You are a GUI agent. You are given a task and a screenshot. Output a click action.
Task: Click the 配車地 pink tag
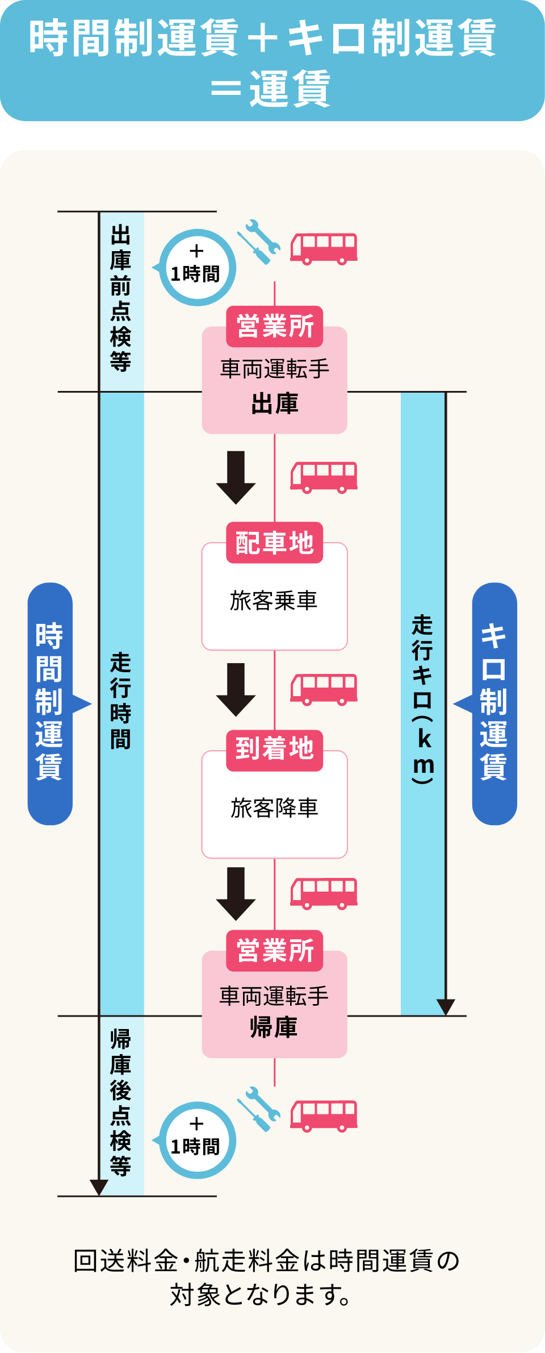point(275,543)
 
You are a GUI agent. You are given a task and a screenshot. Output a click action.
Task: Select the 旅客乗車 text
point(274,601)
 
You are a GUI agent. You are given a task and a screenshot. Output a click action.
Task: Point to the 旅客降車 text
point(274,808)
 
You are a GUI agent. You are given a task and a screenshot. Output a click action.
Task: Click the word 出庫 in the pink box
point(275,404)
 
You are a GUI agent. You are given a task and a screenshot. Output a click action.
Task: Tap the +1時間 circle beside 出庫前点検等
point(196,268)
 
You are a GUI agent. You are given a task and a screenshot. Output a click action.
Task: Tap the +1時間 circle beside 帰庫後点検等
point(196,1140)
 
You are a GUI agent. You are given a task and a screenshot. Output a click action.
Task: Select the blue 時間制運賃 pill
point(50,703)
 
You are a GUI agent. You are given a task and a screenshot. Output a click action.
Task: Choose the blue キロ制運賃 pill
point(494,703)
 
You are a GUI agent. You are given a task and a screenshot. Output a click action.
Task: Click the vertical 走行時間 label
point(121,701)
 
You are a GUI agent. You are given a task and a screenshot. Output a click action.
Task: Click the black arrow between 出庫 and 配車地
point(236,477)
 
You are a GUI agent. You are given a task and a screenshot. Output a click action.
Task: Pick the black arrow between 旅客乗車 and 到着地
point(236,689)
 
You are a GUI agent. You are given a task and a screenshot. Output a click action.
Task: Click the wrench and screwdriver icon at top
point(259,242)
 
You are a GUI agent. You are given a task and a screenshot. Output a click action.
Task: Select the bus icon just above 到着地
point(324,689)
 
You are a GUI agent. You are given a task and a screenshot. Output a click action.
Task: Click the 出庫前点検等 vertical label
point(121,298)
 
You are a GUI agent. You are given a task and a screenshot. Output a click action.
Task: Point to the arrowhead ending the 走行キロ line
point(446,1007)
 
